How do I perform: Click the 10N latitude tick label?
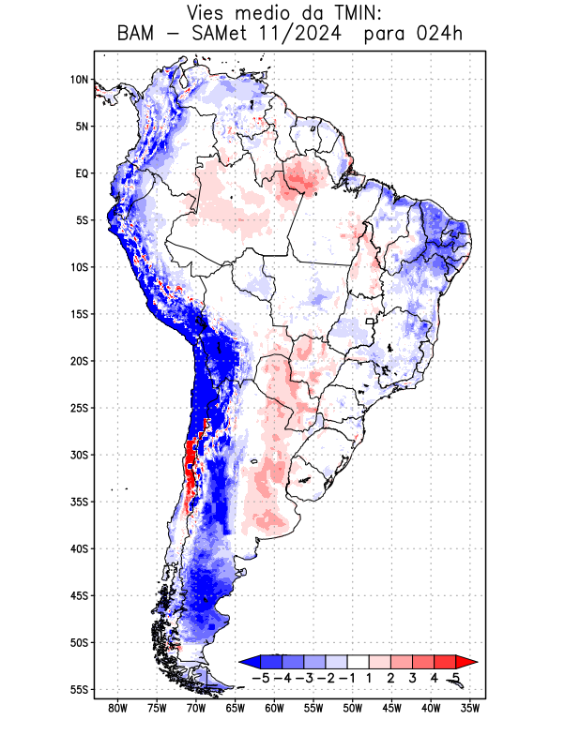point(79,80)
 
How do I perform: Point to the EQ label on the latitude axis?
point(82,173)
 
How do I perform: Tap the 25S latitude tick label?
point(79,408)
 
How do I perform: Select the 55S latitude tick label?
point(79,690)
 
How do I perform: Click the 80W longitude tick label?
point(117,709)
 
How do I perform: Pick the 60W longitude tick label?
point(274,709)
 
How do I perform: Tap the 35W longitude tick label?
point(470,709)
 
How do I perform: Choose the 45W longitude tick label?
point(392,709)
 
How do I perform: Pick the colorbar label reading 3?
point(412,677)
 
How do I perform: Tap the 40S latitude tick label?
point(79,549)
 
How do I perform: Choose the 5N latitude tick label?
point(82,127)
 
